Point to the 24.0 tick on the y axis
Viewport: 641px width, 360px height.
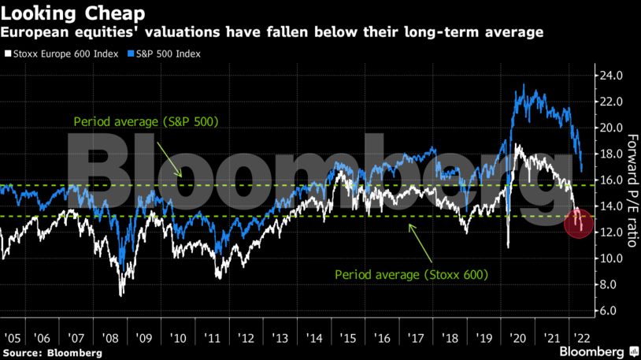click(x=612, y=76)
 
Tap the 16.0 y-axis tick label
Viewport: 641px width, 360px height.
click(x=612, y=180)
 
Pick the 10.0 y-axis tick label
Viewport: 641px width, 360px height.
click(x=612, y=258)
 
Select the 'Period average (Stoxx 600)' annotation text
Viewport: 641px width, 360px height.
click(x=412, y=275)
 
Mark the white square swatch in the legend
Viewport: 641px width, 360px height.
click(x=8, y=54)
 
